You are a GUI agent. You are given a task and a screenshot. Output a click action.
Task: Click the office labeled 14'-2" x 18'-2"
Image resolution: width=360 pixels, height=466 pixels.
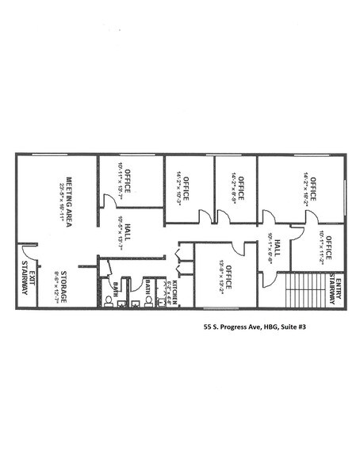pyautogui.click(x=311, y=189)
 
